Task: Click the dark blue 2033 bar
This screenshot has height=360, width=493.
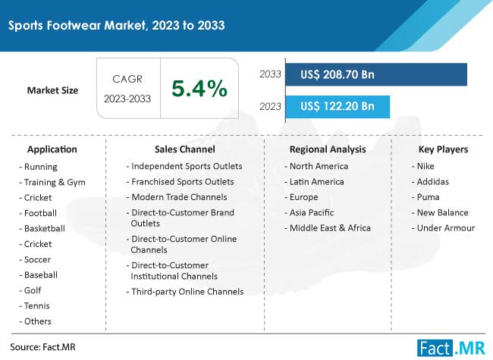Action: (376, 74)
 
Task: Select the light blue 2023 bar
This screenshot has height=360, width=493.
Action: (338, 107)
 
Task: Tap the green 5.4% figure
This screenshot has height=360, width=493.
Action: (199, 88)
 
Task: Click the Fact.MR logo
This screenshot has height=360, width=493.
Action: (451, 348)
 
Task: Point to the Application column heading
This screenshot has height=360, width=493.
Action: (52, 149)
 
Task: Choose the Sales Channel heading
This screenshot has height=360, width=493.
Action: (185, 149)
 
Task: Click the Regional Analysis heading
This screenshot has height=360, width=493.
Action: (328, 149)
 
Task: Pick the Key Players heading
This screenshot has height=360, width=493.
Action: (444, 149)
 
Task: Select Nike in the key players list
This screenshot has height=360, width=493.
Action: (425, 166)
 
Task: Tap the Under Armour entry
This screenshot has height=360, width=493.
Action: (445, 228)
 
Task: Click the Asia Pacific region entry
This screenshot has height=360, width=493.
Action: (312, 213)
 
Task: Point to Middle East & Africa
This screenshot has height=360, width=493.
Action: (330, 228)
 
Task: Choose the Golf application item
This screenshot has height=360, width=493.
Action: (33, 290)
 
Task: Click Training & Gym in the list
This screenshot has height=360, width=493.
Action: (55, 182)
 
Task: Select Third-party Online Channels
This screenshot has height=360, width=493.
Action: (187, 292)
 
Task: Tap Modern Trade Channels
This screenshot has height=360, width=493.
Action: (179, 197)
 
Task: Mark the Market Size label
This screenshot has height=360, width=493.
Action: (52, 90)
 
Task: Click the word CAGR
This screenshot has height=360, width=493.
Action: (127, 79)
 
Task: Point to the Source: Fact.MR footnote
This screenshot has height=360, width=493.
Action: (42, 347)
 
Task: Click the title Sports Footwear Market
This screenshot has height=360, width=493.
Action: (77, 26)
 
